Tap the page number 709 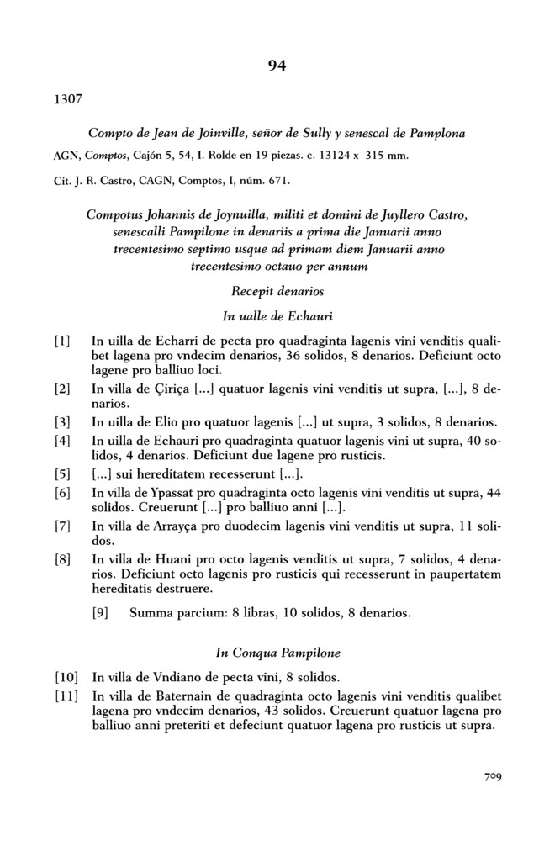489,778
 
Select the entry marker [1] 62,341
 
